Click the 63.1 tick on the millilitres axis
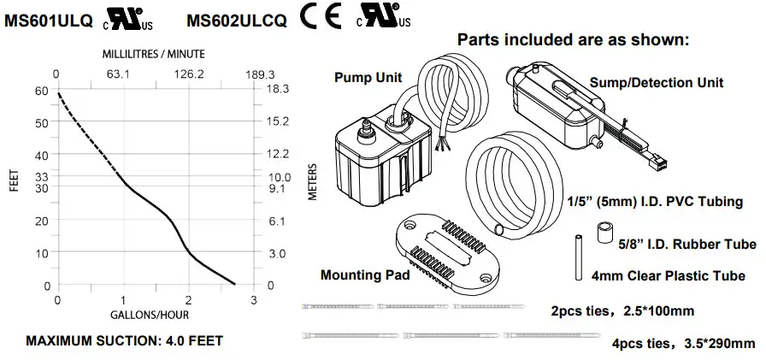pos(116,74)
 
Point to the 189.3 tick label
pos(254,74)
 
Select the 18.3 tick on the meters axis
pos(280,89)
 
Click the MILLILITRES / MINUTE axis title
pos(154,54)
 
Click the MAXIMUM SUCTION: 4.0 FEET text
pos(125,341)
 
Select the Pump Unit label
pos(367,78)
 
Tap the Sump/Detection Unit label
pos(657,83)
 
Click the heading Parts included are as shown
pos(572,39)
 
